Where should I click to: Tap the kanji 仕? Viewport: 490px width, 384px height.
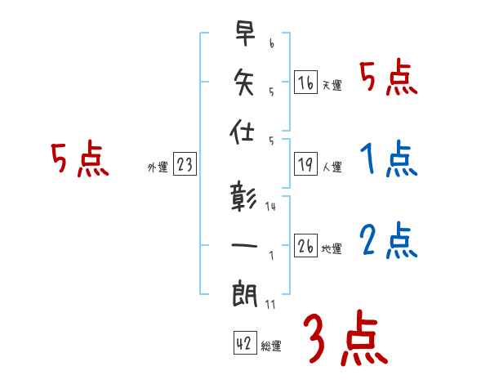[244, 131]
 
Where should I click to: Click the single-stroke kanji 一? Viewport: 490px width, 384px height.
[244, 243]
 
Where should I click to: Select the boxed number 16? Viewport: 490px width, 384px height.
[305, 83]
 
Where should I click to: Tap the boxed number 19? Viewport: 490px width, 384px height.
[305, 165]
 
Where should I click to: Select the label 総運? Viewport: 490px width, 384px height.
[271, 346]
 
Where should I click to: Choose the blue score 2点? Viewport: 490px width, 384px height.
[389, 240]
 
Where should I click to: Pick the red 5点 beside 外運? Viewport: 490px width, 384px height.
[80, 160]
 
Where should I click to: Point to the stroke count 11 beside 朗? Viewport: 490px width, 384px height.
[270, 305]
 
